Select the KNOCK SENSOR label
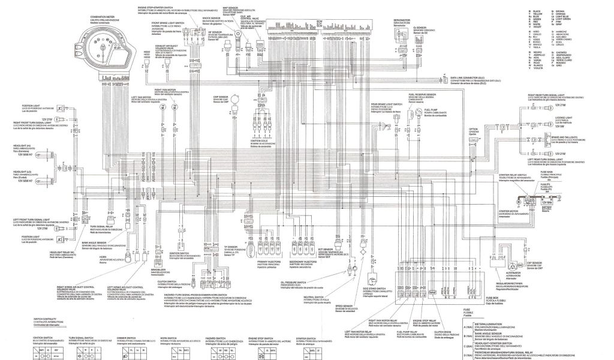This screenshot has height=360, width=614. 212,18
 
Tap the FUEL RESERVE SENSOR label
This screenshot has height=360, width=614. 420,94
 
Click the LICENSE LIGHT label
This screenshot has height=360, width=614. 563,118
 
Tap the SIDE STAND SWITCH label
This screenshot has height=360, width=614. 374,290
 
